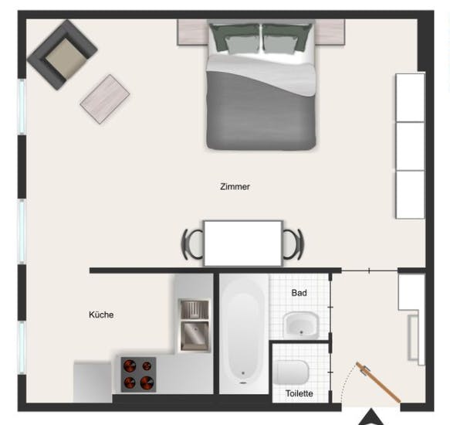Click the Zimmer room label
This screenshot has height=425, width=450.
tap(235, 187)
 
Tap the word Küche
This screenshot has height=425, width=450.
tap(101, 314)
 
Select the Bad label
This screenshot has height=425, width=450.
tap(299, 293)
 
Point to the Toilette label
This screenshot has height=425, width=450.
tap(299, 393)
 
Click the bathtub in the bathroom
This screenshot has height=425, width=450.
tap(243, 333)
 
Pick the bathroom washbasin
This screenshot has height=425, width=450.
tap(301, 325)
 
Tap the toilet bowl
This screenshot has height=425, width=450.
tap(291, 372)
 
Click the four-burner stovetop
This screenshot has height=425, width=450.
tap(138, 375)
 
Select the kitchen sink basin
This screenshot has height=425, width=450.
tap(195, 335)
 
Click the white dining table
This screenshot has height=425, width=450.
tap(243, 243)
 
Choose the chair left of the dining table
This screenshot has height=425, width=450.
tap(192, 244)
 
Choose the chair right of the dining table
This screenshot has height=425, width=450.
tap(293, 244)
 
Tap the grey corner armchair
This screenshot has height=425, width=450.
tap(63, 54)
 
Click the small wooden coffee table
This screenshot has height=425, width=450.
tap(105, 99)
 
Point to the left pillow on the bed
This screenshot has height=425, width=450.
tap(235, 39)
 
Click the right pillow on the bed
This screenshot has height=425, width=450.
tap(287, 39)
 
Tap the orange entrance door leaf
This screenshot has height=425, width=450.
tap(378, 382)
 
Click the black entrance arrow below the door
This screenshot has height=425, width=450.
tap(371, 418)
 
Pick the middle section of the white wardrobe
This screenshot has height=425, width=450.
tap(410, 146)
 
